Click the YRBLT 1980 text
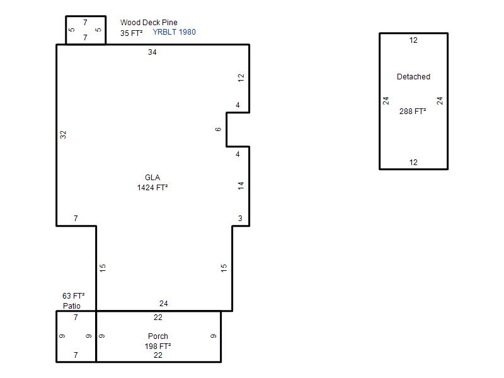(x=175, y=32)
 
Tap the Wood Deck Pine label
(x=149, y=22)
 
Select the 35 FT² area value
(x=132, y=33)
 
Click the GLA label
(x=152, y=178)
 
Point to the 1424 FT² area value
(x=152, y=187)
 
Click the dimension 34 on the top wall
(x=152, y=52)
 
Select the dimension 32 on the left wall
(x=63, y=135)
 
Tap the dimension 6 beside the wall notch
(x=218, y=129)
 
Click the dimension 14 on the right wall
(x=241, y=185)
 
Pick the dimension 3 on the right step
(x=240, y=218)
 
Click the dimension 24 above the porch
(x=164, y=304)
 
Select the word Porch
(x=158, y=336)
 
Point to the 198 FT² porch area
(x=158, y=346)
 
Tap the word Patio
(x=72, y=306)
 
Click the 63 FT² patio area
(x=74, y=295)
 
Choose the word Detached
(x=413, y=76)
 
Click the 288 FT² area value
(x=413, y=112)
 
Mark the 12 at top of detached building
(x=413, y=40)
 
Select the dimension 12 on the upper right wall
(x=241, y=77)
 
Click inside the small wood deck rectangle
(x=86, y=30)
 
